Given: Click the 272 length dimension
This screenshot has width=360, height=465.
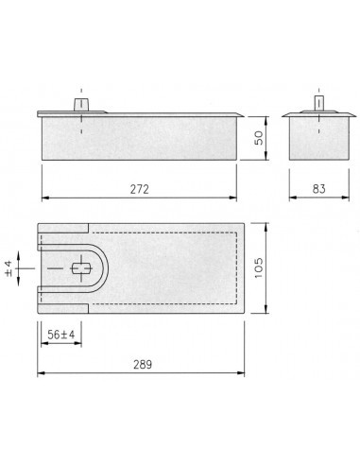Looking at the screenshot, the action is (x=140, y=189).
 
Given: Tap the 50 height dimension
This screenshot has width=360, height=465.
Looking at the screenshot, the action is (x=259, y=138).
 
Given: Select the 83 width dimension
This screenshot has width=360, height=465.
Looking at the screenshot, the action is (x=318, y=189).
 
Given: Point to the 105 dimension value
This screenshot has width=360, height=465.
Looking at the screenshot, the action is (x=259, y=267).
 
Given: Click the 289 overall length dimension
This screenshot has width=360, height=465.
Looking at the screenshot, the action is (x=143, y=365).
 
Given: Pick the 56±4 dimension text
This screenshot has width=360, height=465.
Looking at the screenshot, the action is (x=61, y=335).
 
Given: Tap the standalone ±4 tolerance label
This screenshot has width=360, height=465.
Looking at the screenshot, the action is (x=9, y=268).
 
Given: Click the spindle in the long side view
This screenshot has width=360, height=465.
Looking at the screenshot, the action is (x=81, y=105).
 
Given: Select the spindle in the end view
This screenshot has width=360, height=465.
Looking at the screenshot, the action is (x=319, y=103).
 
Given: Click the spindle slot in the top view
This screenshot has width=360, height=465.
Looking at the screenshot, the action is (x=81, y=268).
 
